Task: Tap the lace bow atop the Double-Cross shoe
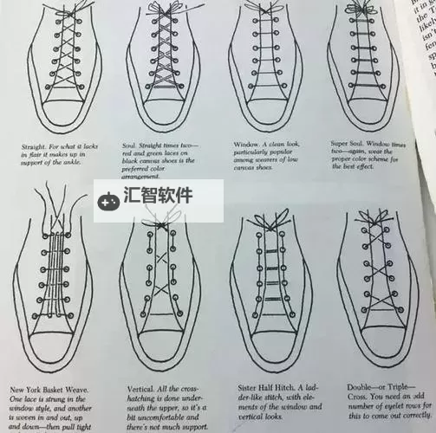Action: pyautogui.click(x=382, y=216)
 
